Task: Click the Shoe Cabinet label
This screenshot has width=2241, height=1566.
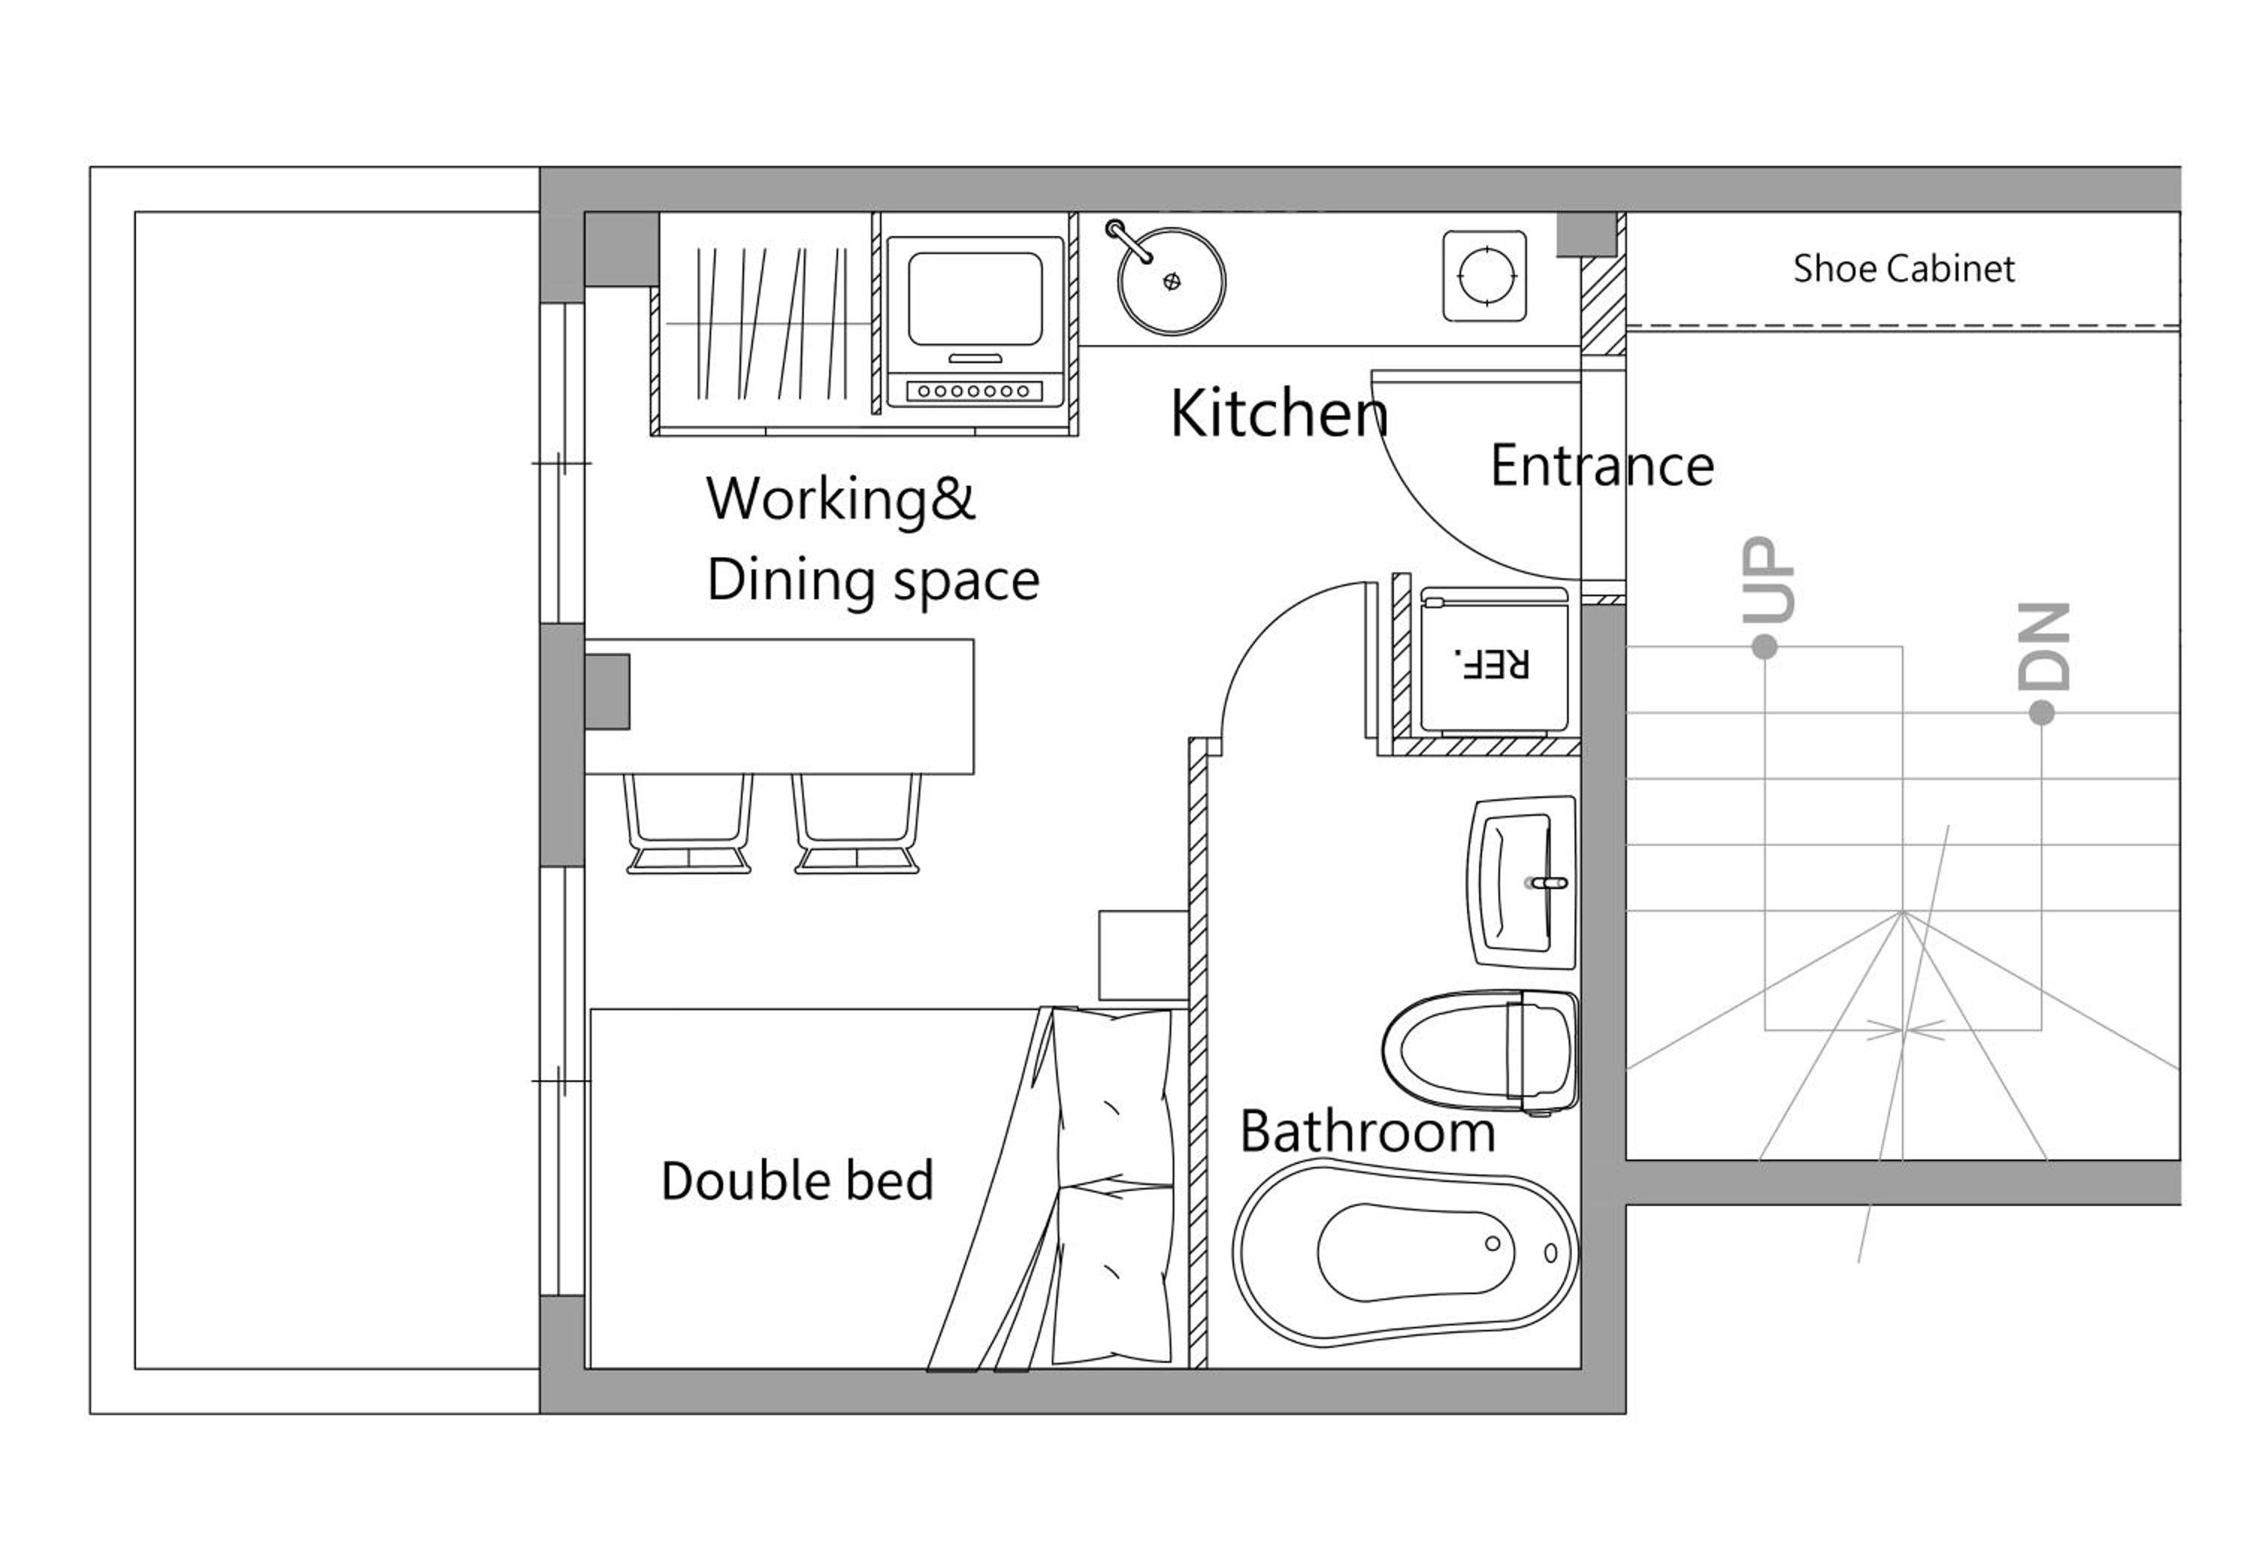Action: coord(1903,268)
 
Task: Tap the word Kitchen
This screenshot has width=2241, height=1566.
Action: coord(1279,413)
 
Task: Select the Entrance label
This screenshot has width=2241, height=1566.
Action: coord(1602,465)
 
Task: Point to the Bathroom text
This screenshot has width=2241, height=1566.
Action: coord(1368,1132)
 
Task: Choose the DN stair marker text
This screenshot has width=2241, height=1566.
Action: coord(2044,646)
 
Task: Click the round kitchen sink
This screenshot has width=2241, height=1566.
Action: coord(1171,281)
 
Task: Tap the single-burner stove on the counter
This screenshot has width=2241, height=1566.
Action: coord(1484,275)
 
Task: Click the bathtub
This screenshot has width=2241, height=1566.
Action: coord(1406,1253)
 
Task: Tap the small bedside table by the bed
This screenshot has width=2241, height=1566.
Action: coord(1143,955)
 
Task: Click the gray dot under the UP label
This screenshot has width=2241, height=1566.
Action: coord(1764,646)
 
